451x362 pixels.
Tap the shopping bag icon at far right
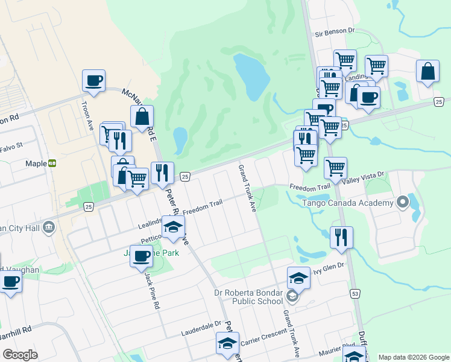coord(427,71)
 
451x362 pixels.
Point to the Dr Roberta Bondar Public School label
coord(248,297)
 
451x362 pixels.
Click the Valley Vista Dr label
coord(362,174)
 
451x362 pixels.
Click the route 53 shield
coord(355,294)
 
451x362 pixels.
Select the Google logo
coord(20,355)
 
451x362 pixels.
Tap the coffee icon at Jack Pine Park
coord(142,256)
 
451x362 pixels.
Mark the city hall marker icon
coord(49,227)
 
